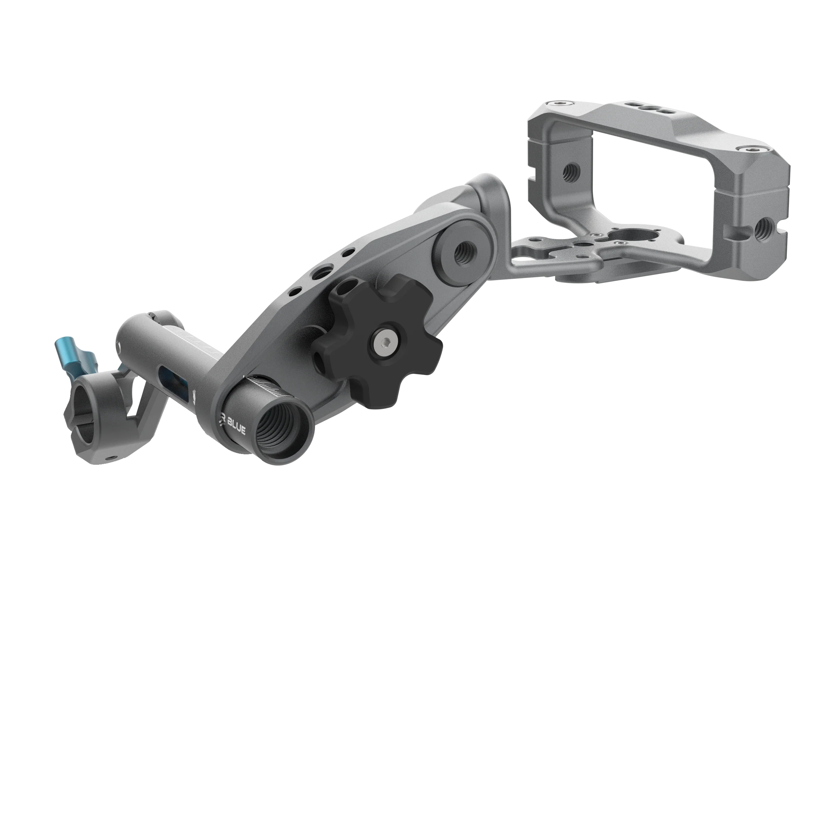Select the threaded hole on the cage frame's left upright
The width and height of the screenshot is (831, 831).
(x=571, y=172)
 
